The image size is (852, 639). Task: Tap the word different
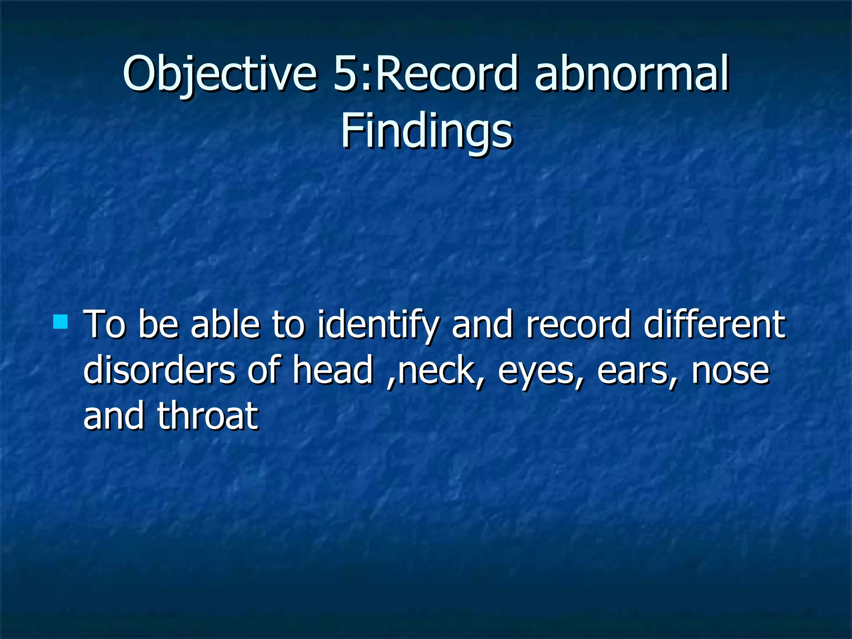click(714, 325)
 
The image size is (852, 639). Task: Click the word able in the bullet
click(225, 325)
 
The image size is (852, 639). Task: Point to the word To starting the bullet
click(104, 325)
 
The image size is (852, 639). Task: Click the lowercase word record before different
click(579, 325)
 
